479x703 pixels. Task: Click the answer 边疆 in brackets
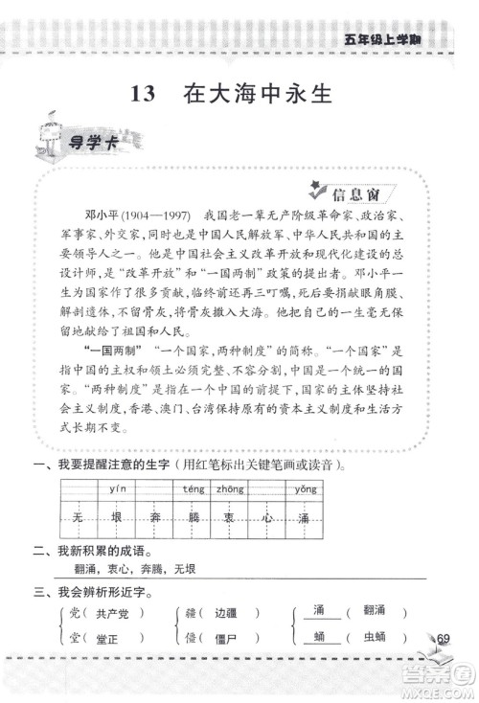click(x=225, y=612)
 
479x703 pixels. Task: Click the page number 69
click(x=442, y=639)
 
